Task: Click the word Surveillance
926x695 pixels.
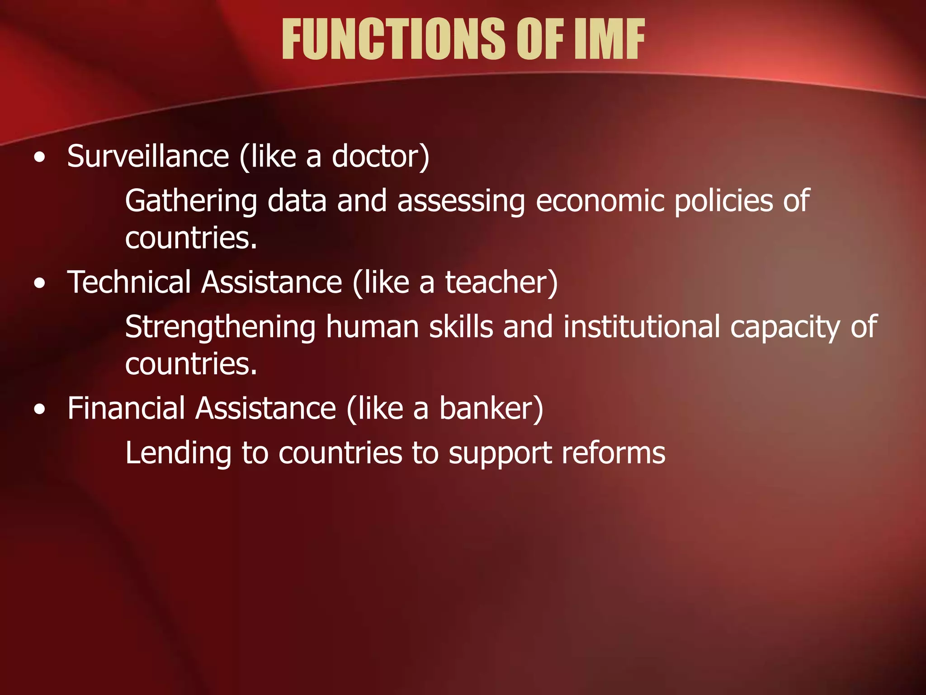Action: (148, 156)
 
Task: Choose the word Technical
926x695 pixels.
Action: (129, 282)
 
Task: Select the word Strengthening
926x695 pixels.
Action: (220, 327)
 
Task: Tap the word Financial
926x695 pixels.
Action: (126, 408)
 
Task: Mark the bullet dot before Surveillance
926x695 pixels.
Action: (40, 158)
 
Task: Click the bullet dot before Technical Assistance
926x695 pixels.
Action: (40, 284)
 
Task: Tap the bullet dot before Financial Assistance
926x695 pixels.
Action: (40, 410)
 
